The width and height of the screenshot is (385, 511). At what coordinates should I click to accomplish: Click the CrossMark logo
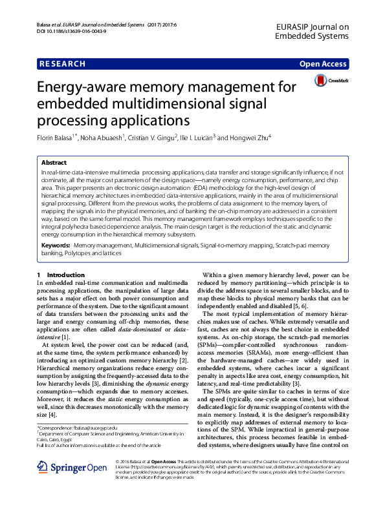331,81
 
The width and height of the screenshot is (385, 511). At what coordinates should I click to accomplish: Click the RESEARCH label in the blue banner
62,64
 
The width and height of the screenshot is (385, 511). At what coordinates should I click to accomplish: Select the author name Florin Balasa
56,138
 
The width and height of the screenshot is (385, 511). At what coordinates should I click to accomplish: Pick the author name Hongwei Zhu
249,138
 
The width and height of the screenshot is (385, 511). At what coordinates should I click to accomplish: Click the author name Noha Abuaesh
104,138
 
